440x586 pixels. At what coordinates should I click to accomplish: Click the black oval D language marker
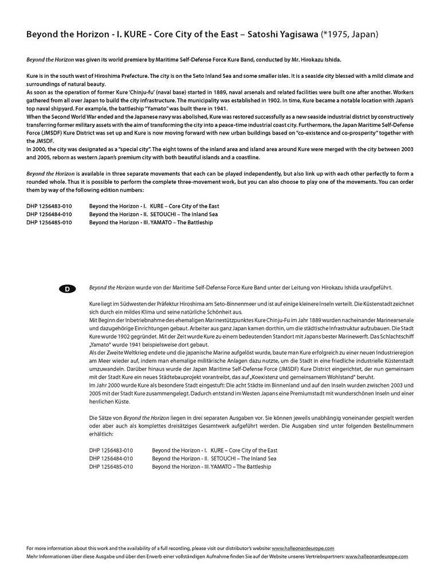pyautogui.click(x=67, y=289)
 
